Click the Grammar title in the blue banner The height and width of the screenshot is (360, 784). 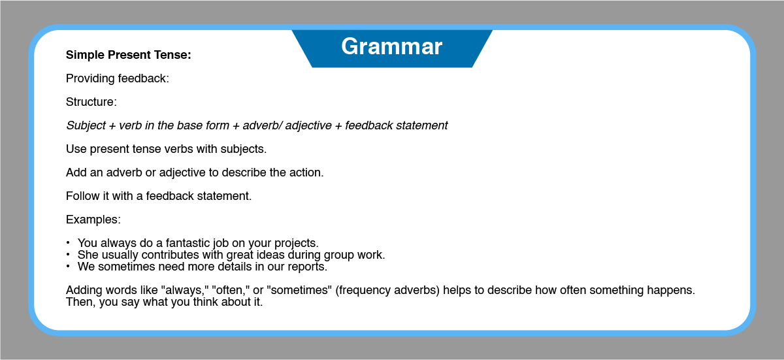point(391,46)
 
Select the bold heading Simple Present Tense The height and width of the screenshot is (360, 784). point(129,55)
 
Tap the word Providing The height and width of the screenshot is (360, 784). point(90,78)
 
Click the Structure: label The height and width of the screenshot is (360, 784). point(91,102)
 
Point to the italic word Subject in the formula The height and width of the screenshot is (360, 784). point(86,125)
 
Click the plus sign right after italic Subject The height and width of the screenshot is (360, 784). point(112,126)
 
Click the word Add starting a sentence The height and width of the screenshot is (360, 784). point(76,172)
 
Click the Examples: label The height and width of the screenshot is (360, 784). point(93,220)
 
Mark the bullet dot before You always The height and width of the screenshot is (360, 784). point(68,242)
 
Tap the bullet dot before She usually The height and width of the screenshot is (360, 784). point(68,254)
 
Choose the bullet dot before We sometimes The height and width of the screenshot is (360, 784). point(68,266)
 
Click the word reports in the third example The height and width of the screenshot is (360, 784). point(307,267)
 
